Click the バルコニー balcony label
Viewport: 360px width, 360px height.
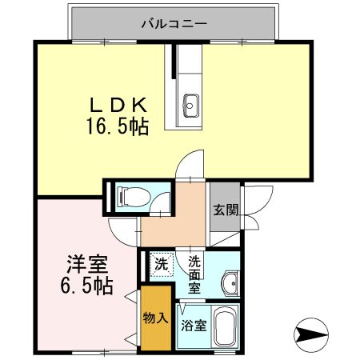click(x=174, y=23)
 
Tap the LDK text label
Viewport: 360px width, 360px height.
click(x=117, y=106)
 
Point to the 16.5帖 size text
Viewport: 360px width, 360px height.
click(x=117, y=126)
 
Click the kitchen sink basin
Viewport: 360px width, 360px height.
click(x=190, y=102)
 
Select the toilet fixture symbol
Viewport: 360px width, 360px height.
click(x=130, y=194)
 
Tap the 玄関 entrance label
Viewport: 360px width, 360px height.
click(x=225, y=211)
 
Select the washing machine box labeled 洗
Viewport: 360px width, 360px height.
click(x=161, y=262)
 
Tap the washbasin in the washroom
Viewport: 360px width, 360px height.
click(x=230, y=282)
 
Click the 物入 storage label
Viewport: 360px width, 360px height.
click(x=155, y=318)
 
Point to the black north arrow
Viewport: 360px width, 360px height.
click(x=313, y=331)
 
